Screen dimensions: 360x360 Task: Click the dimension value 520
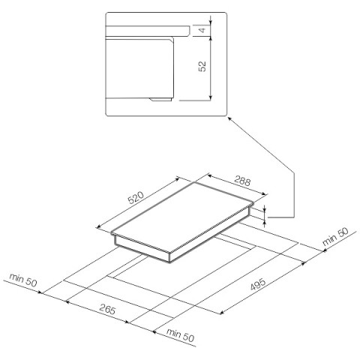point(136,197)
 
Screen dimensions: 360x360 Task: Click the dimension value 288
point(242,181)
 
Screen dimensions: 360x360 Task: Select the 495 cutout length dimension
point(258,284)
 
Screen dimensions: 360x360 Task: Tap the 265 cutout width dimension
point(107,309)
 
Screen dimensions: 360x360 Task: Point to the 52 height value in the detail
point(202,66)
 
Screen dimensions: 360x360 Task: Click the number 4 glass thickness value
point(202,30)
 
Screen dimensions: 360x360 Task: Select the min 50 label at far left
point(23,280)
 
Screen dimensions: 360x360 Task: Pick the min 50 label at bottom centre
point(180,335)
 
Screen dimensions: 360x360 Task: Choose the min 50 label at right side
point(335,236)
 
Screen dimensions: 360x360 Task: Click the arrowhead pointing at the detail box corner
point(229,119)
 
